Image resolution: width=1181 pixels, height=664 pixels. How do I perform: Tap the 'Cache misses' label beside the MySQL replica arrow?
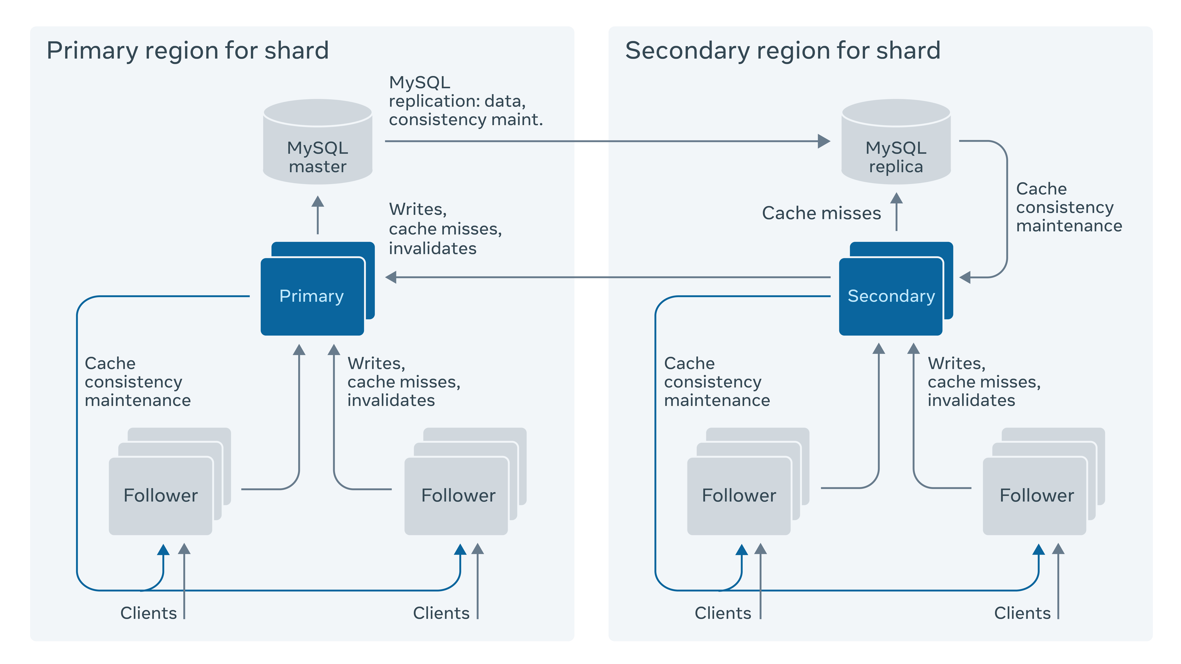pos(821,213)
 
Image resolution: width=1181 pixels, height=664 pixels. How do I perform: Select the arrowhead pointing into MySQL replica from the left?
pos(824,141)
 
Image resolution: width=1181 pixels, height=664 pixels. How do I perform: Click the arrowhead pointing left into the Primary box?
pos(391,277)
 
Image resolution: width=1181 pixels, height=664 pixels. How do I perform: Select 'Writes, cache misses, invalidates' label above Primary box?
pos(445,229)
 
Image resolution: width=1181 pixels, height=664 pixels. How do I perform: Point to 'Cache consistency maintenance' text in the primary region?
pos(138,382)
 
